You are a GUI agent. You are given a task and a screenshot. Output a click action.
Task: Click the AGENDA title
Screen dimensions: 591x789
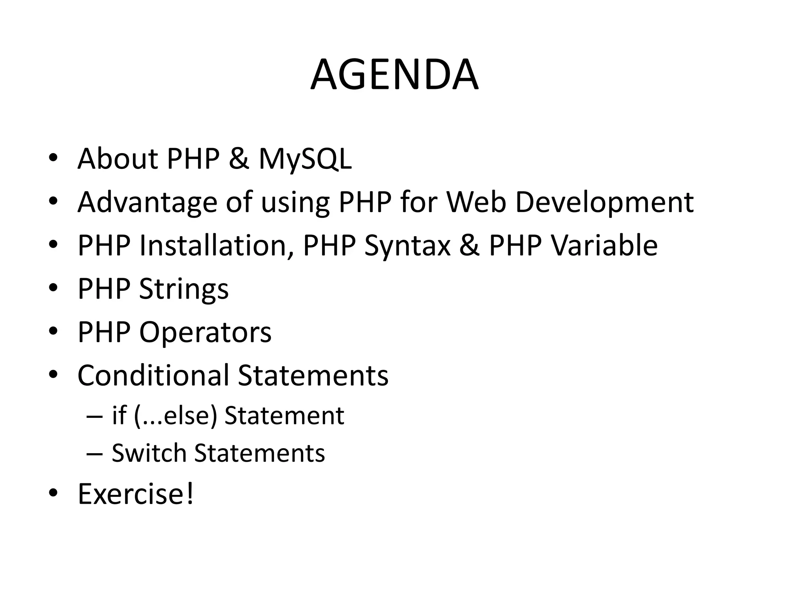click(x=394, y=75)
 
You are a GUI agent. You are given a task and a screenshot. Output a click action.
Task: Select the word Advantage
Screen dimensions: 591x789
click(x=148, y=202)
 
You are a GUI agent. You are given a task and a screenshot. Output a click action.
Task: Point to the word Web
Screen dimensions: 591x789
click(x=476, y=202)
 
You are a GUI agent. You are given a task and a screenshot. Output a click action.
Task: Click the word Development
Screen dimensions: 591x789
click(x=604, y=202)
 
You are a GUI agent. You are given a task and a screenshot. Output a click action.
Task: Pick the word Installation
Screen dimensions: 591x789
click(x=215, y=245)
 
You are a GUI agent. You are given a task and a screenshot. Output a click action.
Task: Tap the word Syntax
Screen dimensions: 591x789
click(x=407, y=245)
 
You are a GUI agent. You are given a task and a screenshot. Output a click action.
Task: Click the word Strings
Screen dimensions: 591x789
click(x=184, y=289)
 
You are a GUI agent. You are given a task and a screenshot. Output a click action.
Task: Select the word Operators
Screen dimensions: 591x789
click(x=205, y=332)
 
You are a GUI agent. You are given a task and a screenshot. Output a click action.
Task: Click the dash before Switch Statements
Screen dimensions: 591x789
click(x=95, y=454)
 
